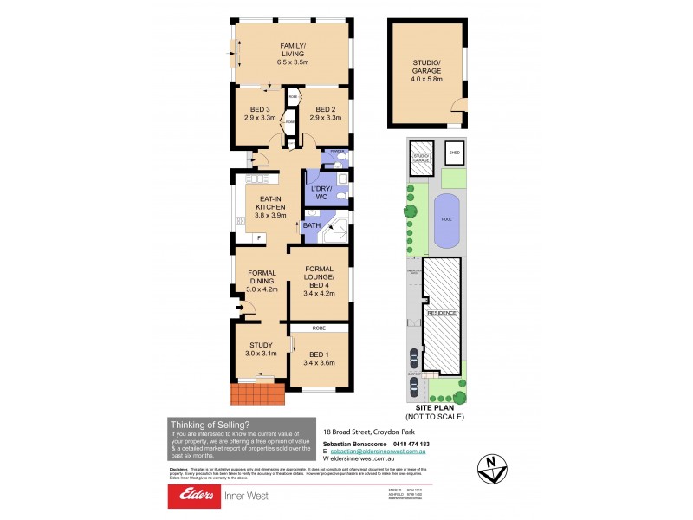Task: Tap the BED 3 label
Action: [260, 108]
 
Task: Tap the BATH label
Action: [311, 226]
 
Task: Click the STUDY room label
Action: [261, 345]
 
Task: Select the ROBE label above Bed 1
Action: [319, 330]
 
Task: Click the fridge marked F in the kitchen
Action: [258, 237]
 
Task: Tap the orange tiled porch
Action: [257, 394]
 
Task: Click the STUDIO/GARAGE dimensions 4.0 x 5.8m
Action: [426, 78]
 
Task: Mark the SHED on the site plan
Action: [455, 154]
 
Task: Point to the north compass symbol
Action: [492, 467]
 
